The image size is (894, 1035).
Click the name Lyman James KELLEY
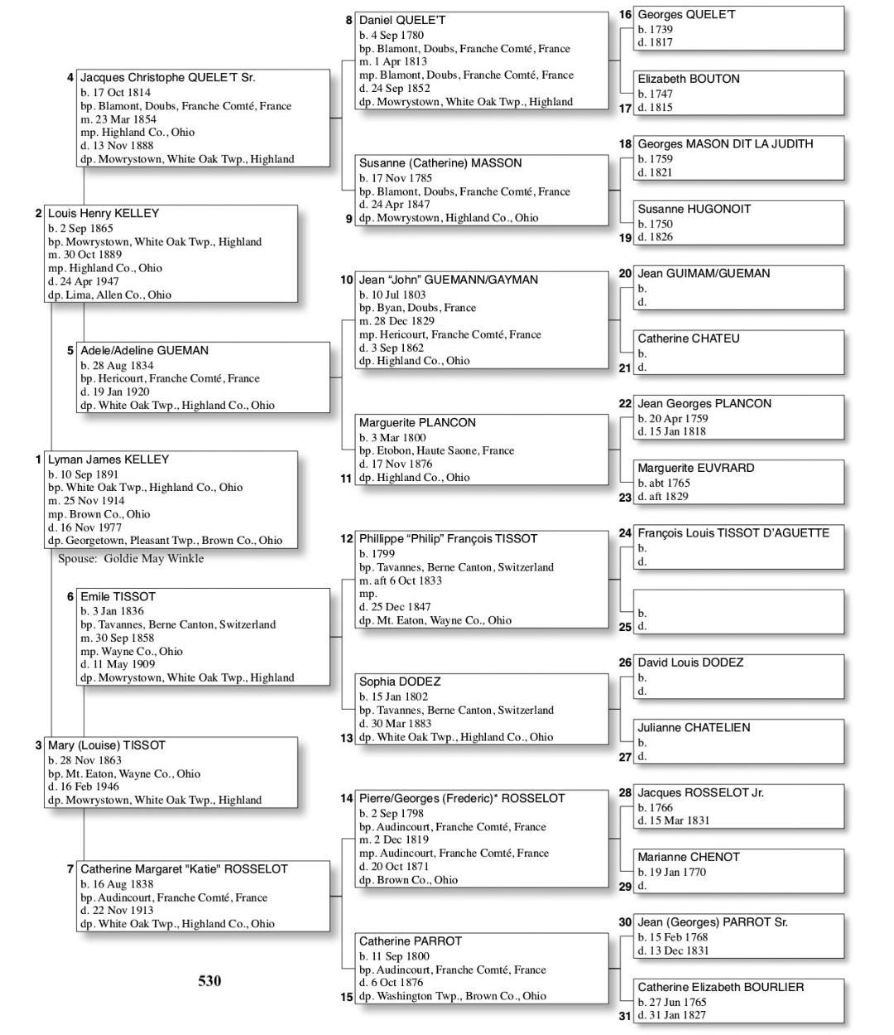[108, 460]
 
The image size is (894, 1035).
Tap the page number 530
[209, 981]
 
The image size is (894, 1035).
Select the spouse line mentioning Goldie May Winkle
[131, 559]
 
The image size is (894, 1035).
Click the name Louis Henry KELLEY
[103, 214]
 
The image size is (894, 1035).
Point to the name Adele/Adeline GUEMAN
[144, 350]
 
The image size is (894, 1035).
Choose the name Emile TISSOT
[118, 596]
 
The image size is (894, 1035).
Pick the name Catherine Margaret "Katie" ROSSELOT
[184, 869]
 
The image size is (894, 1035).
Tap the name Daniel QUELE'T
[402, 20]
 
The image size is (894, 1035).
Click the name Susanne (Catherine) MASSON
[440, 163]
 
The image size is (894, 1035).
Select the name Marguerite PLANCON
[417, 422]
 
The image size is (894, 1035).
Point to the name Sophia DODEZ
[400, 681]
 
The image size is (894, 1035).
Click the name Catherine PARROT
[411, 941]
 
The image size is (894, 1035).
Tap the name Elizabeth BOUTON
[689, 79]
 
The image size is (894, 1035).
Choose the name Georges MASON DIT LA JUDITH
[725, 144]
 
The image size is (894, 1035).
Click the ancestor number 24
[625, 533]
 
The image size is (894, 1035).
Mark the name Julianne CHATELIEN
[694, 728]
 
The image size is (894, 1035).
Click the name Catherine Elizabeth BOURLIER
[720, 987]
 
